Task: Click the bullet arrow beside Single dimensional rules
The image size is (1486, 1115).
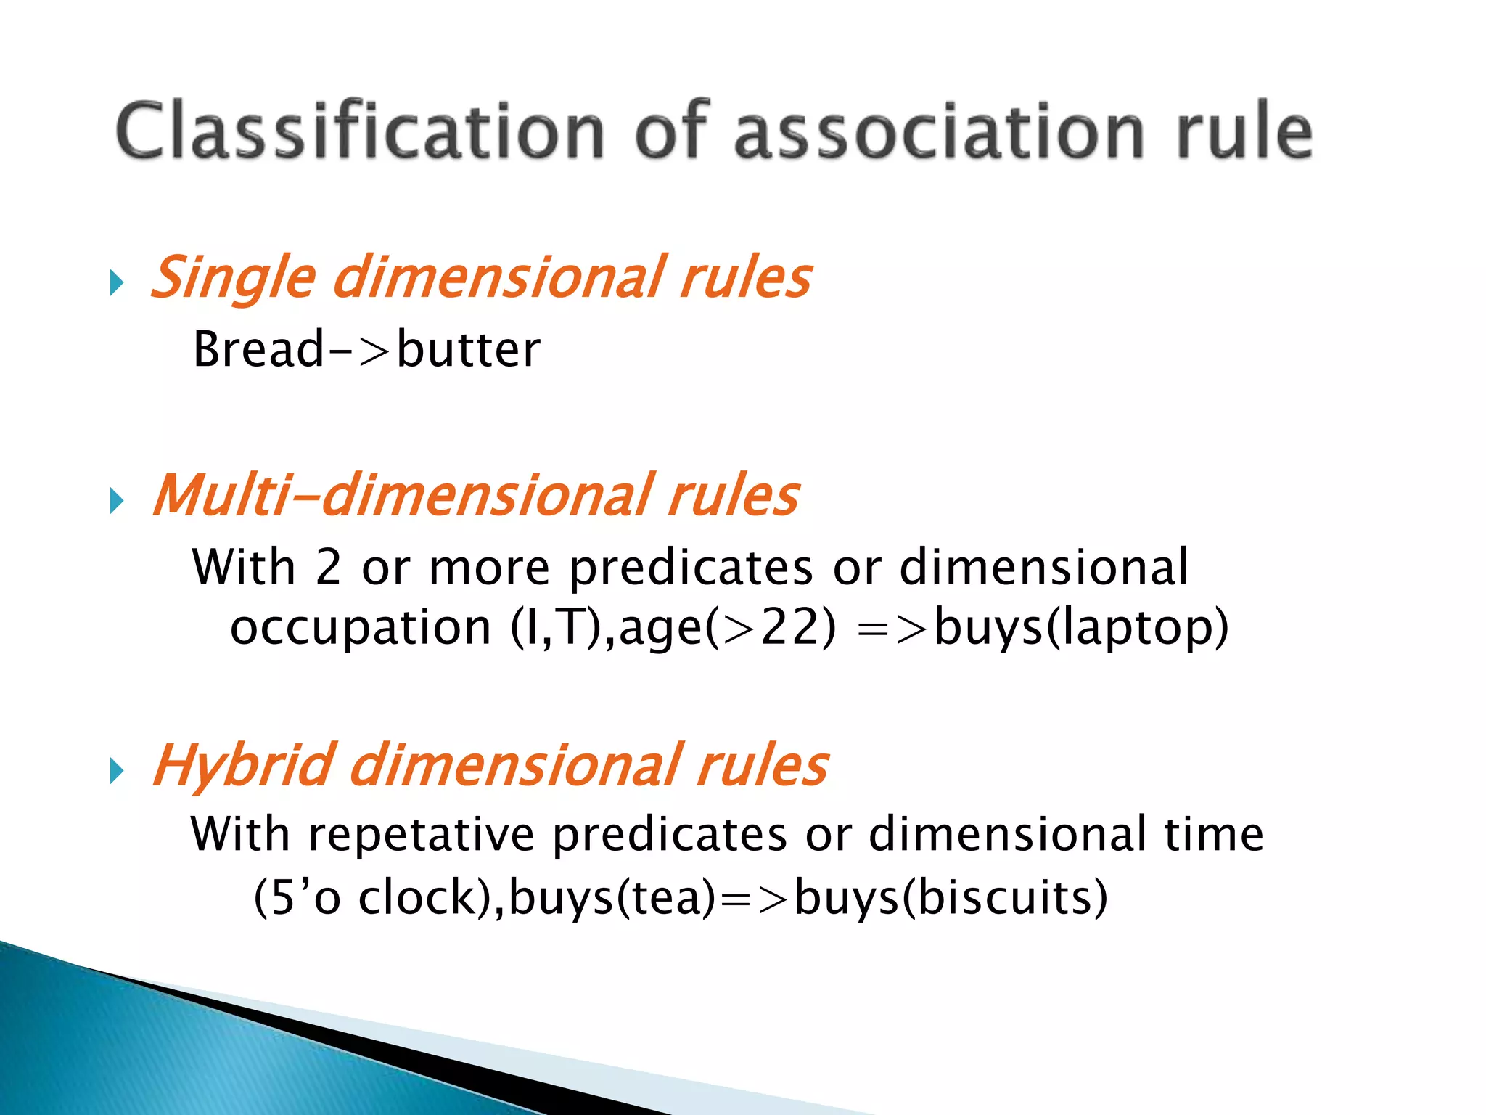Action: [117, 282]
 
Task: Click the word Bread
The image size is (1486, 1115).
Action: [258, 349]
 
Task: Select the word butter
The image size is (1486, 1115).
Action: [468, 349]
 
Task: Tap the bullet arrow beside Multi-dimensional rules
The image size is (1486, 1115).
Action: [117, 501]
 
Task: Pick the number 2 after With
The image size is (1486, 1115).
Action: [328, 567]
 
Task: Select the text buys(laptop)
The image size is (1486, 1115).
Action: [1081, 628]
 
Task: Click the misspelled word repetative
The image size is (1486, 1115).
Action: [421, 834]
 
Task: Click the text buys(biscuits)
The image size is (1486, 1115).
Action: [951, 898]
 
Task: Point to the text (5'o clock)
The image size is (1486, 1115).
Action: [374, 898]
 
